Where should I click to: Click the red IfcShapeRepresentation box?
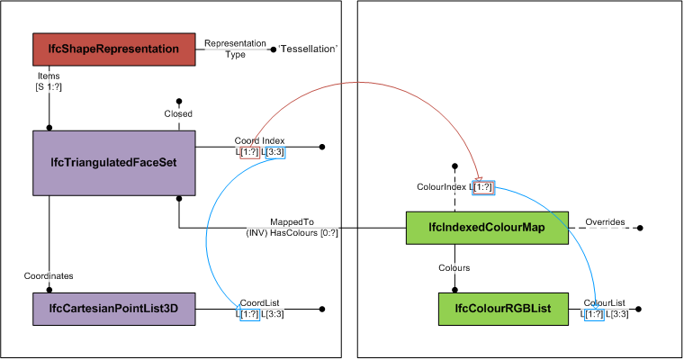click(x=113, y=49)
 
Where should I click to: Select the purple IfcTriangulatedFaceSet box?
click(x=113, y=163)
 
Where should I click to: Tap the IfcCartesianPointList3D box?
click(x=113, y=308)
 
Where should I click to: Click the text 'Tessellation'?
click(x=309, y=49)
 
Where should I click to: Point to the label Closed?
click(x=178, y=114)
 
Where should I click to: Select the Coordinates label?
click(x=49, y=275)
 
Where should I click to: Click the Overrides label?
click(x=605, y=221)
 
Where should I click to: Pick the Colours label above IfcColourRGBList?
click(x=454, y=267)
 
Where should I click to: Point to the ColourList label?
click(x=604, y=302)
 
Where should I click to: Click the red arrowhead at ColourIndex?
click(x=477, y=180)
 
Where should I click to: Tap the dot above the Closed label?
click(x=179, y=101)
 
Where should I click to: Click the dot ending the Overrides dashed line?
click(x=640, y=229)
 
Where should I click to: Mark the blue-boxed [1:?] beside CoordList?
click(x=249, y=313)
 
